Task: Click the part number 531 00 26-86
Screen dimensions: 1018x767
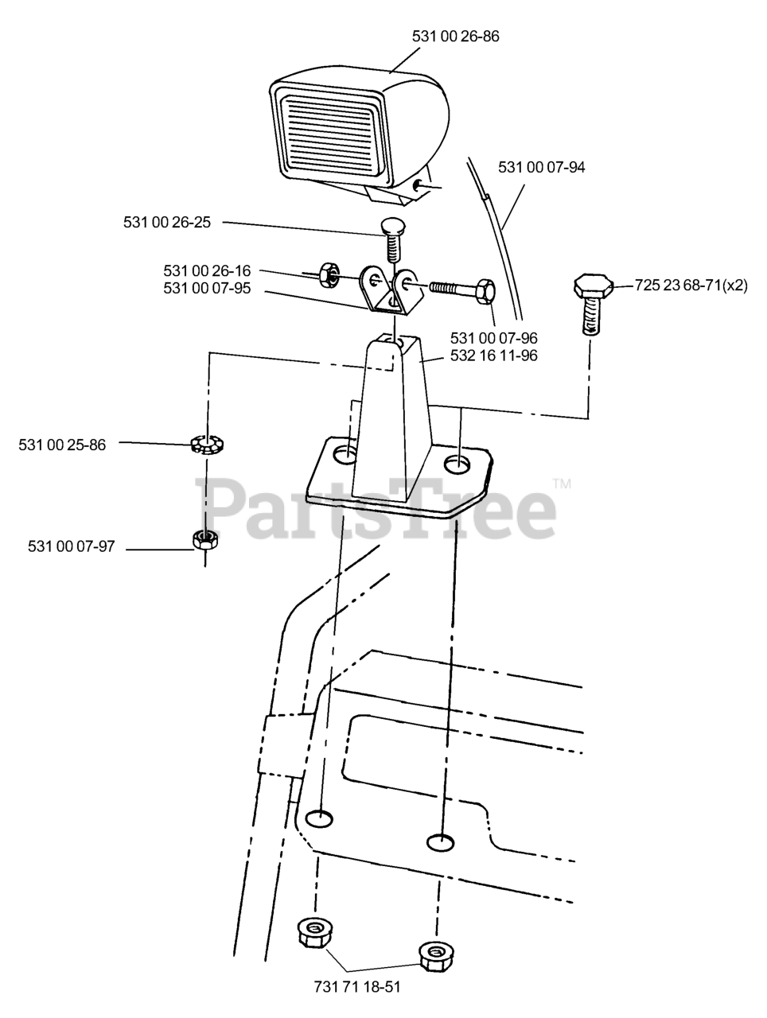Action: pos(455,37)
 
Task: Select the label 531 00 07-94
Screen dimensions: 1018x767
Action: pos(541,168)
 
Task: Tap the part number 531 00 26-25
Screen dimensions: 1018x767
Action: pos(167,223)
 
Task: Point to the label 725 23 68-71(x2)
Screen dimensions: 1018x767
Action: pos(691,285)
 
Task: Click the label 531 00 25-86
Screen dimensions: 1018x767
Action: pos(62,445)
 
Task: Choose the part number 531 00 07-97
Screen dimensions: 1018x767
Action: pos(72,546)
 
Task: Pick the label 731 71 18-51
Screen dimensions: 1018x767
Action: pos(356,987)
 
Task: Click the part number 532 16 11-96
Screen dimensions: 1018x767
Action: pos(493,356)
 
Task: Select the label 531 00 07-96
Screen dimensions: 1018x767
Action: pos(493,338)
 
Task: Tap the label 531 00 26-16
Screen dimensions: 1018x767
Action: pos(207,270)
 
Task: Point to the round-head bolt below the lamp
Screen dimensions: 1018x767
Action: pos(391,235)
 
